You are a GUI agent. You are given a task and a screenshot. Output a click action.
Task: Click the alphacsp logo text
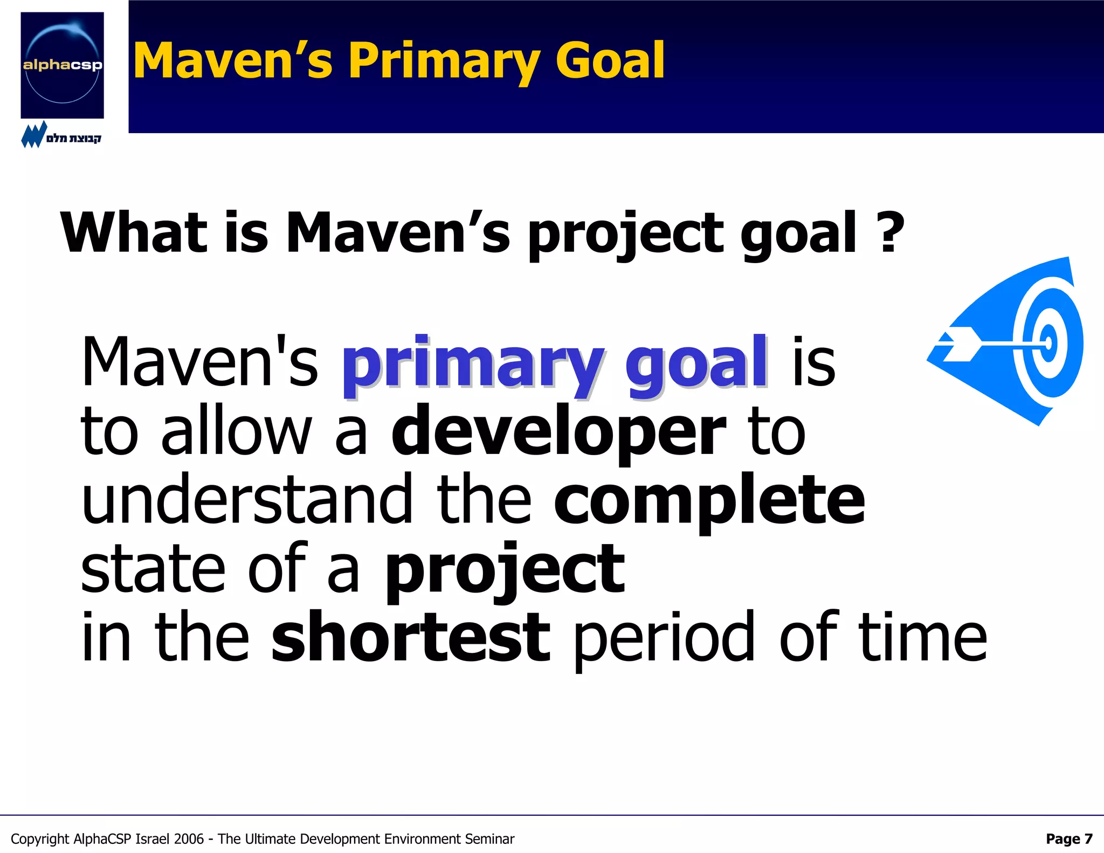coord(63,66)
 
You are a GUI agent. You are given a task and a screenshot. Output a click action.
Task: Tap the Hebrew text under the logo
coord(73,139)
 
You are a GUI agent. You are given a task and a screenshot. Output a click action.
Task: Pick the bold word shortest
coord(410,638)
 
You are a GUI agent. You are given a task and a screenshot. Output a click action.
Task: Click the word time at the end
coord(922,638)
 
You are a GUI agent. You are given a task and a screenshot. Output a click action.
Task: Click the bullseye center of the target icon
coord(1048,343)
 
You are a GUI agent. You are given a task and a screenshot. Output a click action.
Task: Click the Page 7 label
coord(1069,838)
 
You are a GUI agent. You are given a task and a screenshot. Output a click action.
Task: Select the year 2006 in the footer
coord(189,839)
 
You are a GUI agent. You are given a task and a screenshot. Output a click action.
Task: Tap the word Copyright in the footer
coord(40,840)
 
